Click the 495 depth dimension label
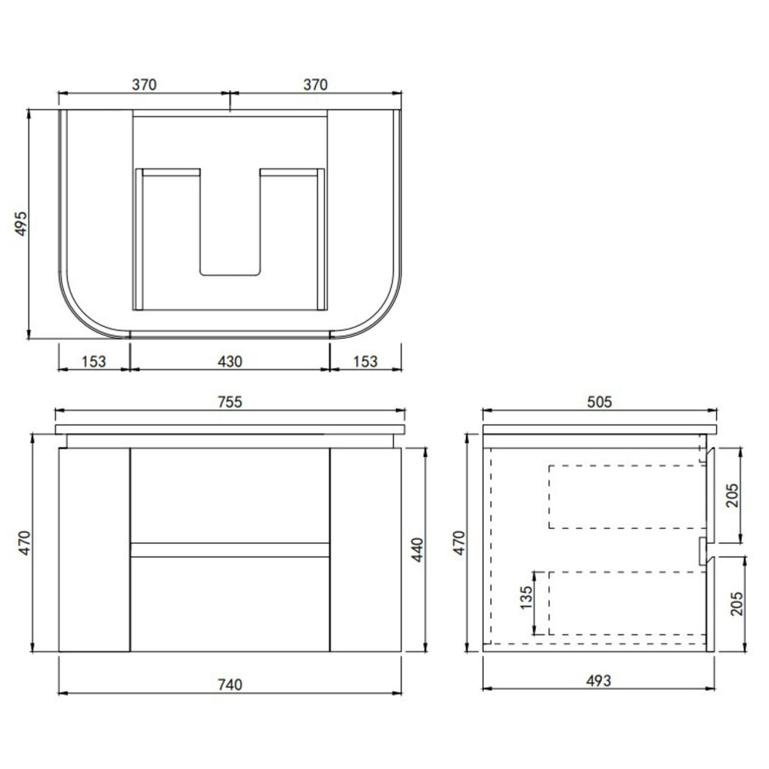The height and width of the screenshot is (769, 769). (22, 224)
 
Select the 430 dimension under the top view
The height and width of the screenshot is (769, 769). (230, 361)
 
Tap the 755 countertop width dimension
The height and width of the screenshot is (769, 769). (230, 401)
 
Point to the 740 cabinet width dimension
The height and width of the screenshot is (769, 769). (230, 684)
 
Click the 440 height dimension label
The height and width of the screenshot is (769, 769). (417, 550)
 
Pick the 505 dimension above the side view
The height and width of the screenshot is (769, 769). (599, 401)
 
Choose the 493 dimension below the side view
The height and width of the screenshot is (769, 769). (599, 681)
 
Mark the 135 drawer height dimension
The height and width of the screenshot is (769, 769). (526, 598)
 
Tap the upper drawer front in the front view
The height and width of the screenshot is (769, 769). (230, 495)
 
